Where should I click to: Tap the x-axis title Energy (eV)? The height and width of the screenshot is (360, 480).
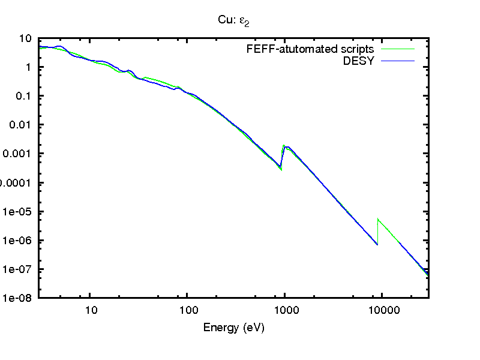click(234, 328)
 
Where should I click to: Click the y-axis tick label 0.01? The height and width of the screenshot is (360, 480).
click(22, 125)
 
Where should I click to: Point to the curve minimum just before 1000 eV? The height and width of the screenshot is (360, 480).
click(281, 168)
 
